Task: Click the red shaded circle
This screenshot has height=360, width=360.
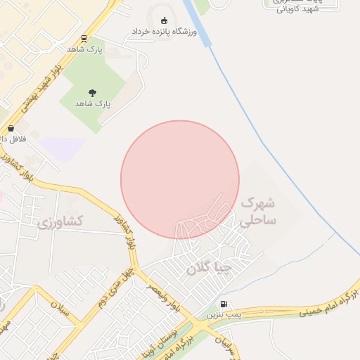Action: point(180,179)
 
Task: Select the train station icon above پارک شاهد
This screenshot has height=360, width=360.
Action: point(84,39)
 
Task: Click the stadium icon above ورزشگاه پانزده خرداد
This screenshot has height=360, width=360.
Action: point(165,20)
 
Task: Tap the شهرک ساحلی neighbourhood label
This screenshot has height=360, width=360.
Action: point(258,211)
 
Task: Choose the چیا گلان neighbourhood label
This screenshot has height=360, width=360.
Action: point(208,268)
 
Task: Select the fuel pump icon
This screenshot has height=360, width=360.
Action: point(224,304)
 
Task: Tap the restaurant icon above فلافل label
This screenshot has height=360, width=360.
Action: point(11,129)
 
